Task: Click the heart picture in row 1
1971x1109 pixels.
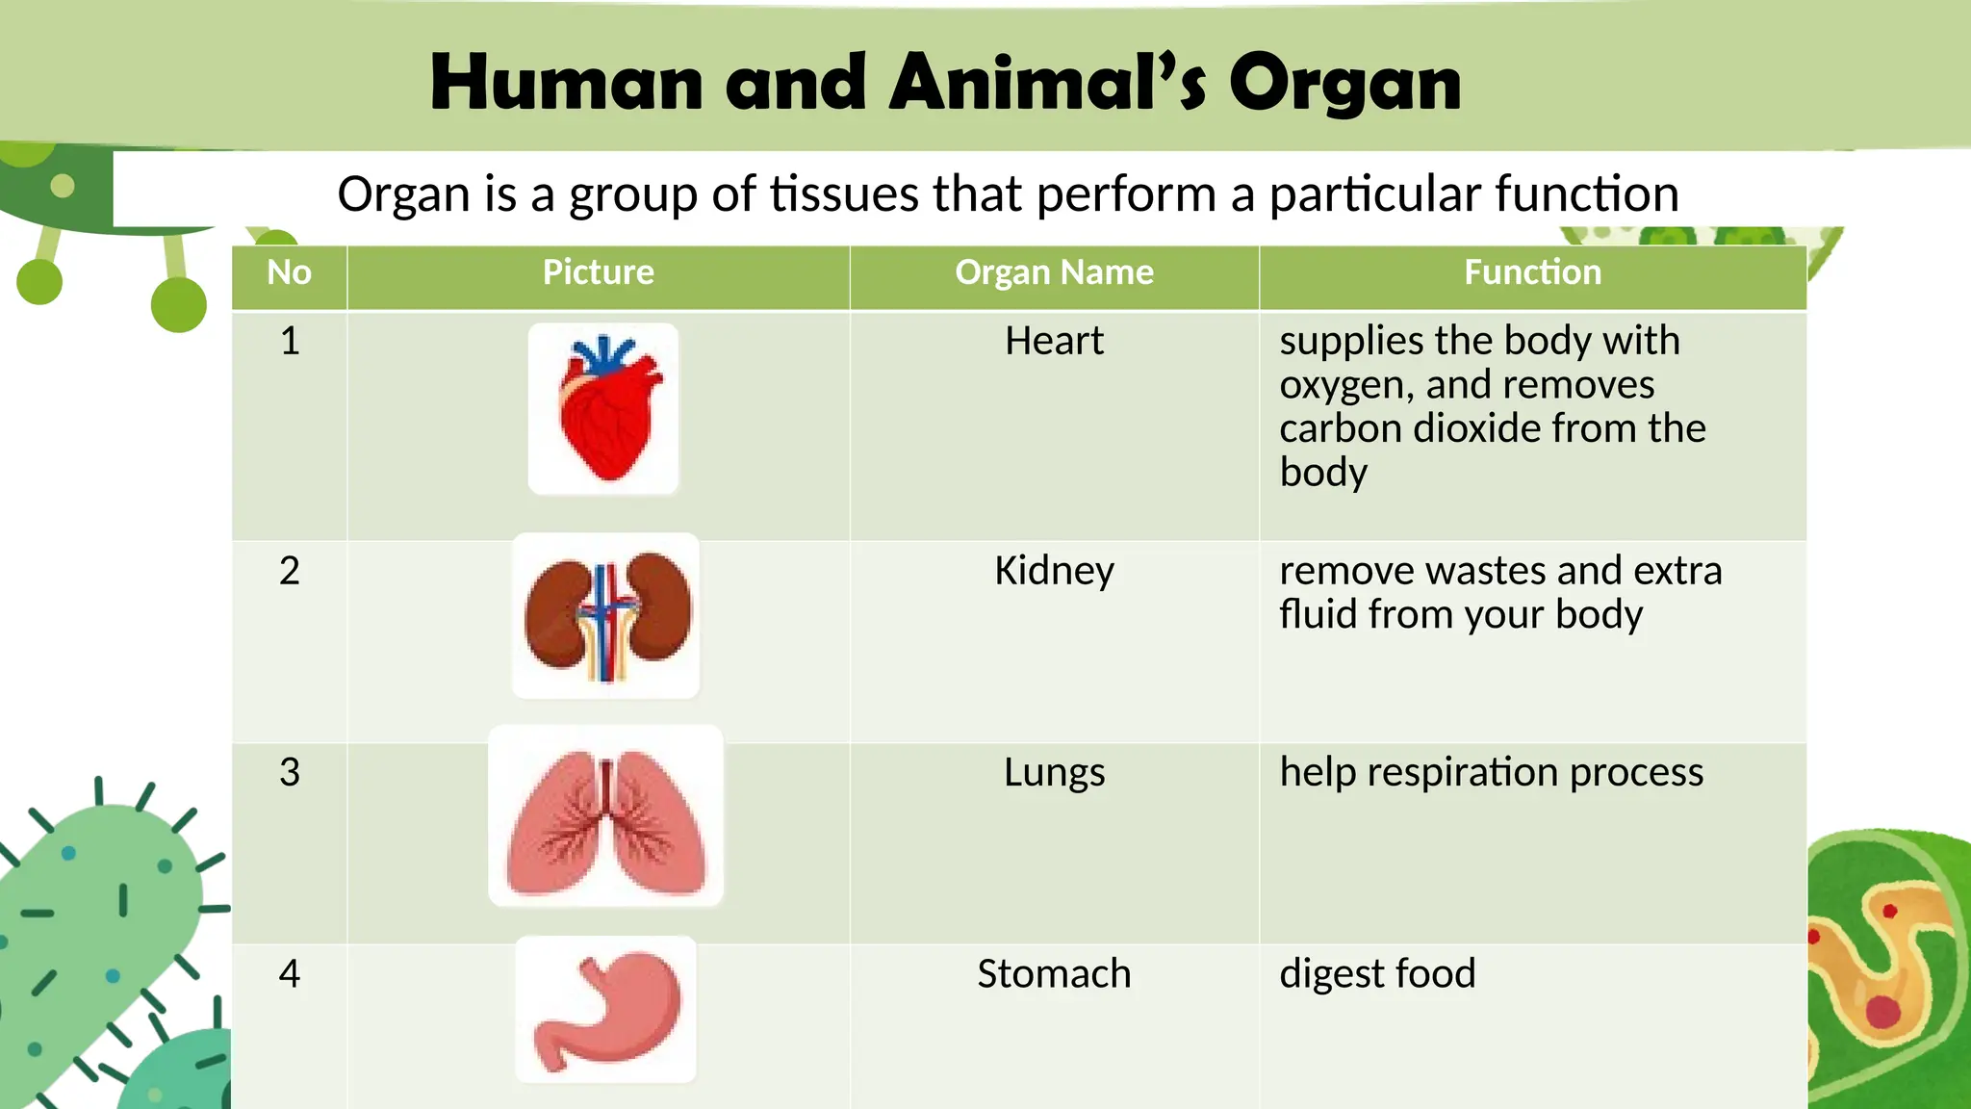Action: pyautogui.click(x=604, y=409)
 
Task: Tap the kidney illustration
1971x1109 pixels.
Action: pyautogui.click(x=606, y=616)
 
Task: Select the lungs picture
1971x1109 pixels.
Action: pyautogui.click(x=606, y=816)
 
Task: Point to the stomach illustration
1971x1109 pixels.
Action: pyautogui.click(x=606, y=1009)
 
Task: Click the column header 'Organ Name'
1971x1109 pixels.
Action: pyautogui.click(x=1054, y=272)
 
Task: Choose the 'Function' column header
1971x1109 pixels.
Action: pyautogui.click(x=1532, y=272)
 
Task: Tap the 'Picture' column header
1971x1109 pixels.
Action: pyautogui.click(x=598, y=272)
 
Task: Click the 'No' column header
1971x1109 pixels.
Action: pyautogui.click(x=289, y=272)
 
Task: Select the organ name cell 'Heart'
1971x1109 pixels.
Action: pyautogui.click(x=1054, y=341)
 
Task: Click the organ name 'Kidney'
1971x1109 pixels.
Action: pyautogui.click(x=1054, y=571)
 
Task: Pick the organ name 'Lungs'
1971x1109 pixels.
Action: pyautogui.click(x=1054, y=772)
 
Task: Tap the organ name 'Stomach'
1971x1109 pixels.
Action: pyautogui.click(x=1054, y=973)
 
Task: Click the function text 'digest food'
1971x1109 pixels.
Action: pyautogui.click(x=1377, y=973)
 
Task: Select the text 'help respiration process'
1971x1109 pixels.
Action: pyautogui.click(x=1491, y=772)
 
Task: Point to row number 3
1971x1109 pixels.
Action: pyautogui.click(x=289, y=772)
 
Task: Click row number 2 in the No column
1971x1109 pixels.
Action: pyautogui.click(x=289, y=571)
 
